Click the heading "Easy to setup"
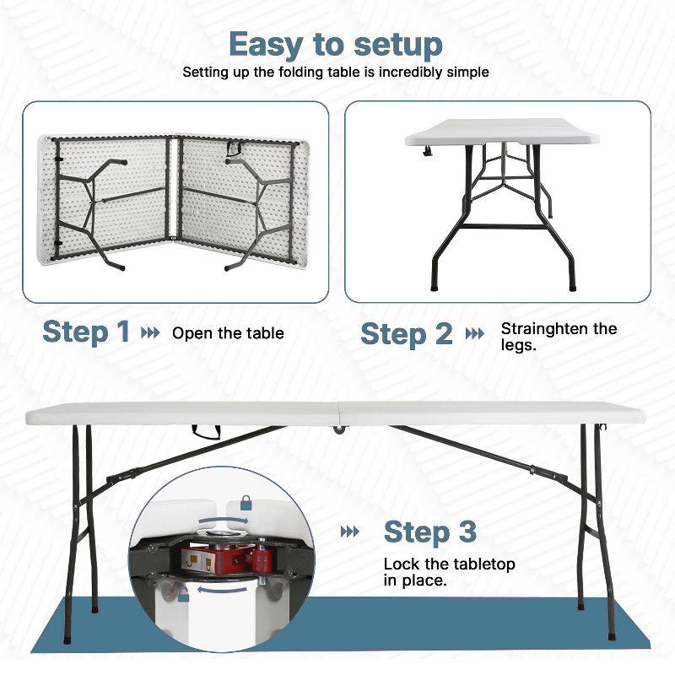coord(336,43)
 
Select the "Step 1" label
coord(87,332)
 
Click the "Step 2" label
coord(407,334)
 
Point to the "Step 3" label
coord(430,532)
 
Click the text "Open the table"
coord(228,333)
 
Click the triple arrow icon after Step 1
coord(150,332)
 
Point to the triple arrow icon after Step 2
coord(475,334)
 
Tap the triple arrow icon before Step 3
coord(349,532)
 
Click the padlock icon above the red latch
coord(246,504)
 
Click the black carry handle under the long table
coord(205,433)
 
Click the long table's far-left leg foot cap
coord(94,605)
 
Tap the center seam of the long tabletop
coord(338,413)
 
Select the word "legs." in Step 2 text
coord(519,345)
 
